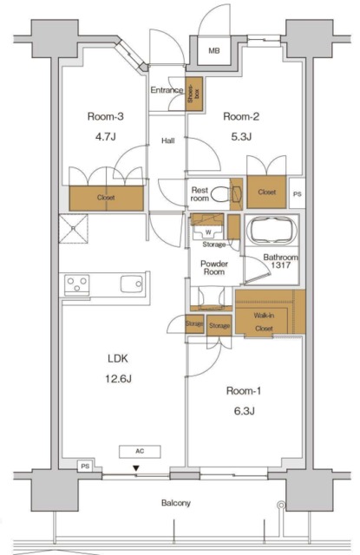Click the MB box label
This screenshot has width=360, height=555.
pos(213,51)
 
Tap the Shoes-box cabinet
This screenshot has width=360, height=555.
pos(194,94)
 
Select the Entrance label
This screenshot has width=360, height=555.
pos(167,90)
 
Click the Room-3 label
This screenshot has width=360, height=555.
pos(106,116)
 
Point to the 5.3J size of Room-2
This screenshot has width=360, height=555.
pos(241,136)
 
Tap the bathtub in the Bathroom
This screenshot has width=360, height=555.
pos(272,231)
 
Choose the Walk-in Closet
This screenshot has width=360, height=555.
pos(270,312)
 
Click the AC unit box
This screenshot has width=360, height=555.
pos(140,451)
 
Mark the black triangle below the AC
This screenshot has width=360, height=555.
pos(136,468)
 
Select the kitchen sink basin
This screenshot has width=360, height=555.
pos(132,284)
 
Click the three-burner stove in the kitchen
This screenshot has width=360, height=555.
pos(77,285)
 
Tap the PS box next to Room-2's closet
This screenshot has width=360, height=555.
pos(298,193)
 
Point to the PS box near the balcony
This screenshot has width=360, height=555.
pos(85,467)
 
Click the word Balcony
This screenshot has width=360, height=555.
pos(176,503)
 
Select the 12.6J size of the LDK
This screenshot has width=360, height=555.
pos(118,379)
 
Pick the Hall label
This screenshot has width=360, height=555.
pos(168,140)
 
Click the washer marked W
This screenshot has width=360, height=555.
pos(208,232)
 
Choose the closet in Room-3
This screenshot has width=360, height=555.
pos(106,199)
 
